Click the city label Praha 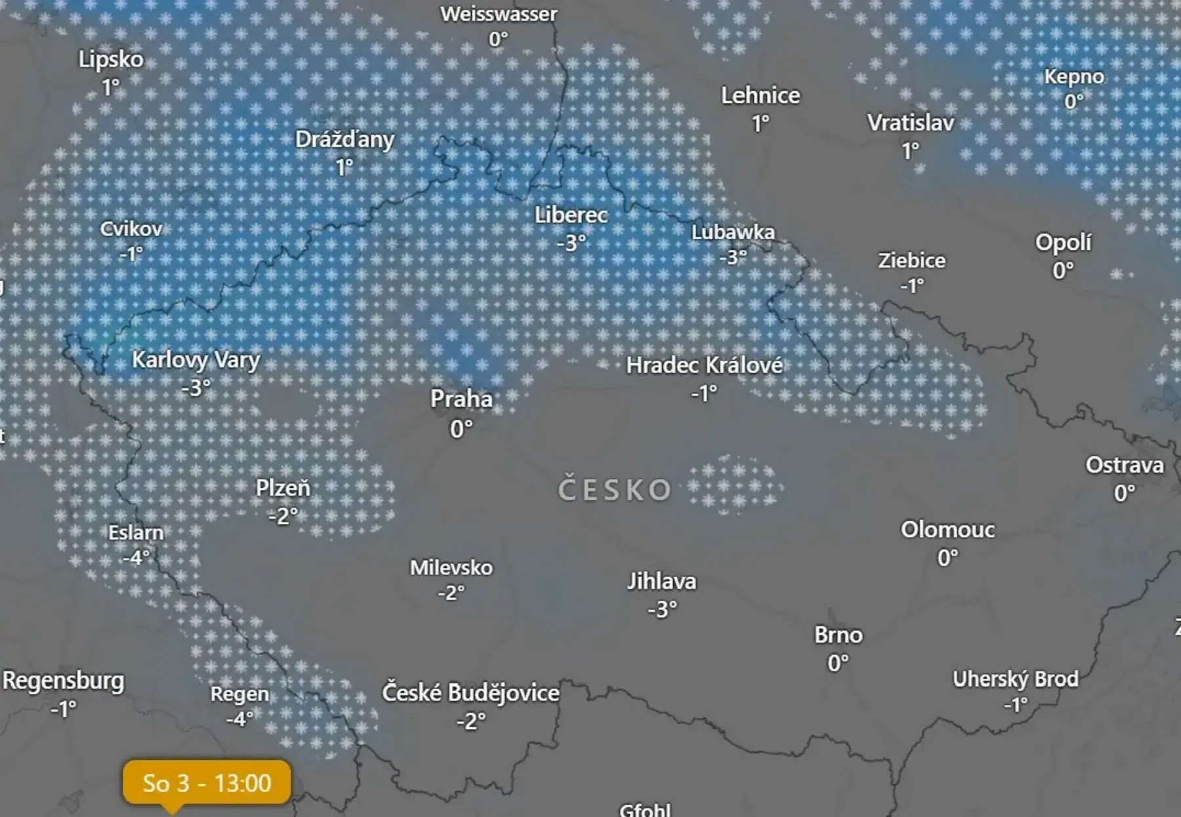coord(461,399)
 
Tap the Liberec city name coord(571,215)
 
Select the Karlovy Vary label coord(196,360)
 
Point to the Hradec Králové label coord(704,365)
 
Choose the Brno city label coord(839,635)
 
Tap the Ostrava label coord(1124,465)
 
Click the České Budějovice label coord(470,692)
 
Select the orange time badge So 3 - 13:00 coord(207,782)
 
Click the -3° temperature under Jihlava coord(662,610)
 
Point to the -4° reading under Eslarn coord(136,558)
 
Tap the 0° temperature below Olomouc coord(947,558)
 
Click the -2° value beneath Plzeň coord(283,517)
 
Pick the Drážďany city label coord(344,140)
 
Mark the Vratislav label coord(911,123)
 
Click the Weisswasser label coord(499,14)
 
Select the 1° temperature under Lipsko coord(111,87)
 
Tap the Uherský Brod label coord(1015,679)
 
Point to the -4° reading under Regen coord(239,719)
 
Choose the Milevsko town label coord(451,567)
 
